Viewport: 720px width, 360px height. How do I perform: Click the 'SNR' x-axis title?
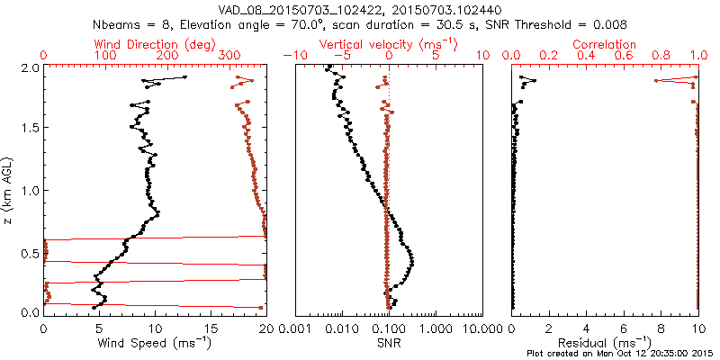(389, 343)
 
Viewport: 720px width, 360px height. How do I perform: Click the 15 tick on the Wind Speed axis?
(210, 328)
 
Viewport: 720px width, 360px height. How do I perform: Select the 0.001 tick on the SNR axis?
(296, 328)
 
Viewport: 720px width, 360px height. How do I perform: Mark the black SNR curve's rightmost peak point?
(412, 261)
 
